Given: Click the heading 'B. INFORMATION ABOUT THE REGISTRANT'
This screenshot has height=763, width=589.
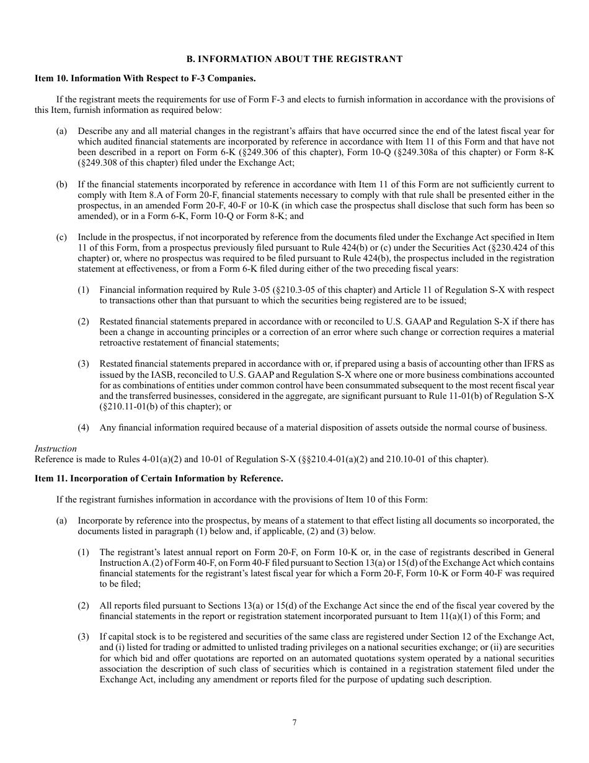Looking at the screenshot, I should tap(294, 59).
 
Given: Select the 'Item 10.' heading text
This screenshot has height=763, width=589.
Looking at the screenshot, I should tap(51, 79).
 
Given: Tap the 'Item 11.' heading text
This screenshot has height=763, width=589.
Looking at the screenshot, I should tap(51, 478).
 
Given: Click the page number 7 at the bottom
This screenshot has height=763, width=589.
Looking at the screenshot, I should tap(294, 722).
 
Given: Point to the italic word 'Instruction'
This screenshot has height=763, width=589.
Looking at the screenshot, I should tap(56, 448).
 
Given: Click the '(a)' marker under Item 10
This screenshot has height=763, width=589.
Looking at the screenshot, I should tap(61, 132).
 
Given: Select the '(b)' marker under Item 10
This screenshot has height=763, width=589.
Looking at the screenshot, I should tap(61, 185).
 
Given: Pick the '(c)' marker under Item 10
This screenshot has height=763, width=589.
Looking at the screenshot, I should tap(61, 238).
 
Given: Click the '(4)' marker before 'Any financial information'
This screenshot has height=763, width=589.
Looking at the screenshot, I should tap(83, 427).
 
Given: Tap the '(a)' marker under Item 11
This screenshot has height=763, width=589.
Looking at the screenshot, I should tap(61, 521).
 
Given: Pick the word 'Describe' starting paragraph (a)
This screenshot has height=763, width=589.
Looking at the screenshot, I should tap(94, 132).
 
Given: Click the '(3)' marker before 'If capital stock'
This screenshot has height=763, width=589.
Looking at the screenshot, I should tap(83, 637).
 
